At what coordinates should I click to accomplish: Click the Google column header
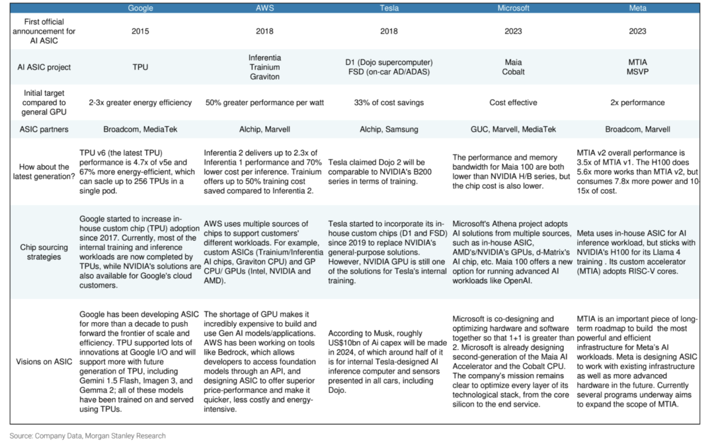tap(140, 8)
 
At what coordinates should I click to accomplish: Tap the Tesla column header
tap(389, 8)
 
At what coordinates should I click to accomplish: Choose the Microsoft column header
tap(513, 8)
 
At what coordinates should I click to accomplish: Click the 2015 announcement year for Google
tap(140, 30)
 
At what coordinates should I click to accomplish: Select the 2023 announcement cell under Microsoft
tap(513, 30)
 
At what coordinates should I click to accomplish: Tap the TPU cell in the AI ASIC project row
tap(140, 67)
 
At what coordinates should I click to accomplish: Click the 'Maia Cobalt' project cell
tap(513, 67)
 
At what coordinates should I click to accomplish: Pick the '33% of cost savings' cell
tap(389, 102)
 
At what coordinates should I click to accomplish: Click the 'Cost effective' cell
tap(513, 102)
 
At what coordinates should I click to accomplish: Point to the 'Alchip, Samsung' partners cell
tap(389, 130)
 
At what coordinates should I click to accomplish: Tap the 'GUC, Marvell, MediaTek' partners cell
tap(513, 130)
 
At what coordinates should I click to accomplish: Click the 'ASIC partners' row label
tap(43, 130)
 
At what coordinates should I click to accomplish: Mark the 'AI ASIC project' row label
tap(43, 67)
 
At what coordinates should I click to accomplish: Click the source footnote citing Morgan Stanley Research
tap(87, 436)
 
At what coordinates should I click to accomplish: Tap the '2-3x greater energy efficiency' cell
tap(140, 102)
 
